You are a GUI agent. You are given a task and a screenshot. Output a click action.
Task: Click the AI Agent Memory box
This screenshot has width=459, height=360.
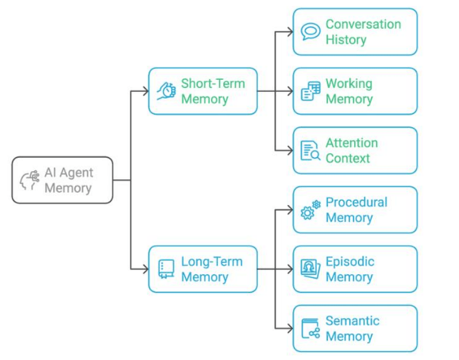[62, 180]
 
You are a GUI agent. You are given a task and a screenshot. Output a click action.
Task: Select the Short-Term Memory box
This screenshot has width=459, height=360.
[203, 91]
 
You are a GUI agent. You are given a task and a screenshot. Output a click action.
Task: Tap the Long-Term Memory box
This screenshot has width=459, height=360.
[203, 269]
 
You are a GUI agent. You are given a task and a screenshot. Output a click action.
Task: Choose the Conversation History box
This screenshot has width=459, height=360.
[355, 32]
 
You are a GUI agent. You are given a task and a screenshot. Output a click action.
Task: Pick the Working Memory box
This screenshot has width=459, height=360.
[355, 91]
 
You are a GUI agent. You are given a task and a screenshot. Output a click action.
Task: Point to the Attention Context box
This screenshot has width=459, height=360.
[355, 150]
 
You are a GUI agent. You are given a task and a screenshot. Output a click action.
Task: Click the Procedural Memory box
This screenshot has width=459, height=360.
[355, 210]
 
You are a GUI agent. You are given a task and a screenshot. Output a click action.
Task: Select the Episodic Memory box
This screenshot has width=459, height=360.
[355, 269]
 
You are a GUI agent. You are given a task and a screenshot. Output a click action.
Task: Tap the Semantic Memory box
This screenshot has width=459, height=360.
[355, 329]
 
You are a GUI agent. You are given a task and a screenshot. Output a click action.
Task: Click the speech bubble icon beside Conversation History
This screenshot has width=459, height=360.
[310, 32]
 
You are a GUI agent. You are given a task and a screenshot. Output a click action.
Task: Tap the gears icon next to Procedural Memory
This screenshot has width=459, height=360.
[310, 210]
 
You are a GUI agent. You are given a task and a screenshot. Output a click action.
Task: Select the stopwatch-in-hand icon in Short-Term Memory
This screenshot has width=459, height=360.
[166, 91]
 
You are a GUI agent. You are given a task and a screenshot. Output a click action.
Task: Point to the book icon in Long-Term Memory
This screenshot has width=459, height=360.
[166, 269]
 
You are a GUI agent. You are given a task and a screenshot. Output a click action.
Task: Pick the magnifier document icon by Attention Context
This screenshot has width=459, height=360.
[310, 151]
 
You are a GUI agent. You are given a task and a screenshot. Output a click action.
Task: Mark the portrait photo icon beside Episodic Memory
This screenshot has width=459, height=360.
[310, 269]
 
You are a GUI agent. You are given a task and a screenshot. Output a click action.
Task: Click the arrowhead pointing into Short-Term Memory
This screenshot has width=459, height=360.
[145, 91]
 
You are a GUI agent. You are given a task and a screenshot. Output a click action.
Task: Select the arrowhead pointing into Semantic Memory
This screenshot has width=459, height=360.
[290, 329]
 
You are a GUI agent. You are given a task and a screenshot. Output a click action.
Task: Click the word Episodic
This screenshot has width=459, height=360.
[350, 261]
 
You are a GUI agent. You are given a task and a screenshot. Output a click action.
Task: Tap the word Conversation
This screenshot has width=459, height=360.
[363, 24]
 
